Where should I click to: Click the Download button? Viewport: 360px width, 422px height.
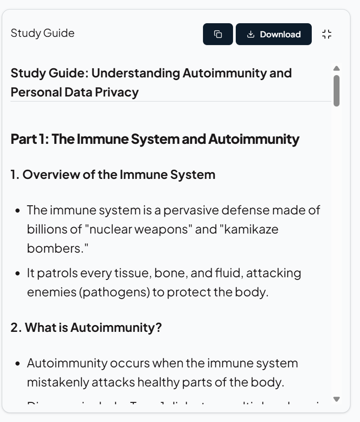pyautogui.click(x=274, y=35)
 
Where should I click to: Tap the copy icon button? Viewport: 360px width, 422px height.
pyautogui.click(x=218, y=35)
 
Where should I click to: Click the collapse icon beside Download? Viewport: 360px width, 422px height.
pyautogui.click(x=327, y=34)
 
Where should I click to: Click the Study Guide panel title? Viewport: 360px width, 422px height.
pyautogui.click(x=42, y=33)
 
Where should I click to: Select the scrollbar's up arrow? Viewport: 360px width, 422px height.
pyautogui.click(x=336, y=68)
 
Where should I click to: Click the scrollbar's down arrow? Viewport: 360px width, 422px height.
pyautogui.click(x=336, y=399)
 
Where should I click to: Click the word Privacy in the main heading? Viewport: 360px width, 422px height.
pyautogui.click(x=117, y=92)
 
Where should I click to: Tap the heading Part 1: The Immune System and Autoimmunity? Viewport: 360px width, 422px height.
pyautogui.click(x=155, y=139)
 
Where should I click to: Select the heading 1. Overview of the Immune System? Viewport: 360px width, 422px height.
pyautogui.click(x=113, y=175)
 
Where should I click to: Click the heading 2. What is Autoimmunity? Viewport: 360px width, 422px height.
pyautogui.click(x=86, y=327)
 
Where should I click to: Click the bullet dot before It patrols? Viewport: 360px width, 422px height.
pyautogui.click(x=17, y=274)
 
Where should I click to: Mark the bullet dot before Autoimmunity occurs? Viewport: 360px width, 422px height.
pyautogui.click(x=17, y=364)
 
